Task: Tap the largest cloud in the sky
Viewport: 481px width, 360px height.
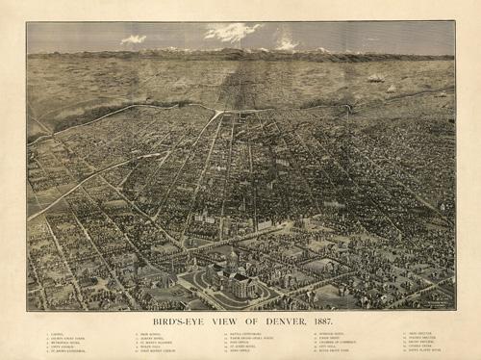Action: [232, 32]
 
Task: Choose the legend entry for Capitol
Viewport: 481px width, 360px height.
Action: [60, 334]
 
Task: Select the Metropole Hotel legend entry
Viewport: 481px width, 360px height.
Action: [66, 344]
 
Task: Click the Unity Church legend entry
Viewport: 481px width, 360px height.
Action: [63, 348]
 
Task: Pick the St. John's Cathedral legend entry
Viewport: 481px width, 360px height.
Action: [69, 353]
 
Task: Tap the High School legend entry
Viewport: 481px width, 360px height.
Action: [151, 334]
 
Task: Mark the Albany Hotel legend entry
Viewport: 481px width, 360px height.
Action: [153, 339]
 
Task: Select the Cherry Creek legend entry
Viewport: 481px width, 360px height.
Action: [419, 348]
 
